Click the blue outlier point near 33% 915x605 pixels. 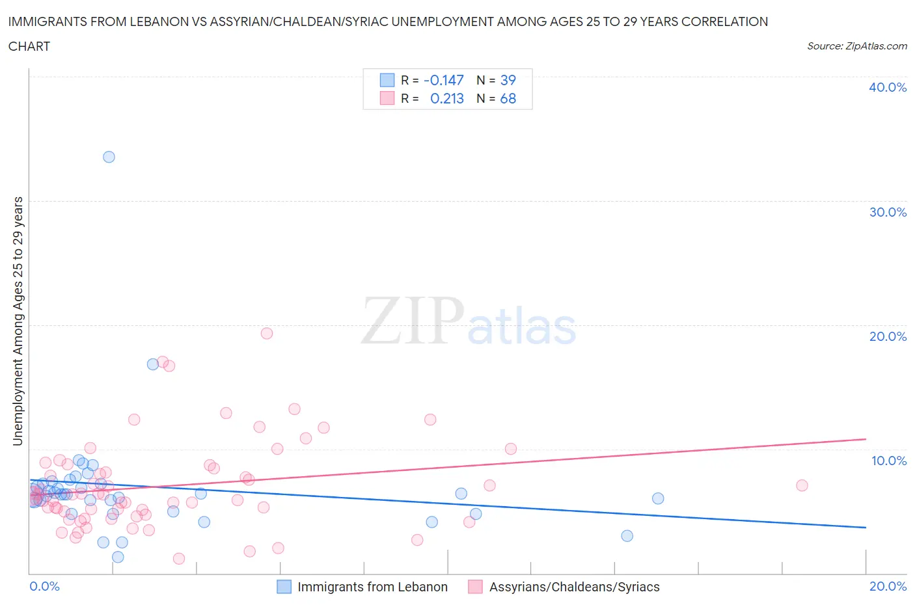[x=109, y=157]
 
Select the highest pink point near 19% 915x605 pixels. [x=266, y=333]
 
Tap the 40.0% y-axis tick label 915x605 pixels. [x=887, y=87]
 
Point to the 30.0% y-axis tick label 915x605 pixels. [x=887, y=212]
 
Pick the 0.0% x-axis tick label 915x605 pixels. [x=44, y=586]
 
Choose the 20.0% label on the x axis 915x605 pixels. [x=888, y=586]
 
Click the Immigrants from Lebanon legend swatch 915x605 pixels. [x=284, y=587]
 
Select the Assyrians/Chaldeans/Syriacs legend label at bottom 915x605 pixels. [x=574, y=587]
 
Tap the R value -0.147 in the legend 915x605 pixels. [x=443, y=80]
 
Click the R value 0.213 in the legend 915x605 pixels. [x=447, y=98]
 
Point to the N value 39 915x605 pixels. [x=508, y=80]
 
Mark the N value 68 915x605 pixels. [x=508, y=98]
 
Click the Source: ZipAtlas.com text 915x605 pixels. [x=856, y=46]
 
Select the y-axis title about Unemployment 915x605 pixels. [x=18, y=321]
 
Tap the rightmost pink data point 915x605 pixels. [x=802, y=485]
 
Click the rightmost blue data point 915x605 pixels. [x=658, y=498]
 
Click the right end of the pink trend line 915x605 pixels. [x=866, y=439]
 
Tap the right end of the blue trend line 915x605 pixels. [x=866, y=527]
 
